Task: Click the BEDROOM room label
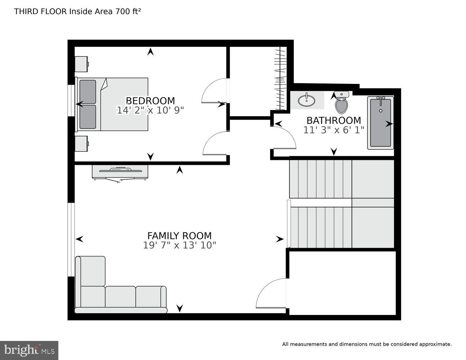point(150,101)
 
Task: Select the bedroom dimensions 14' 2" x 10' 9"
point(150,110)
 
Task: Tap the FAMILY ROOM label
point(179,236)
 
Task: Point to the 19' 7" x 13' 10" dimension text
point(179,246)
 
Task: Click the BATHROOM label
point(333,120)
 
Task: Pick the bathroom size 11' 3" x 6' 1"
point(333,130)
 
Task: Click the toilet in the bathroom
point(341,102)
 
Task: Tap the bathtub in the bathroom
point(380,123)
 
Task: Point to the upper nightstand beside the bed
point(81,64)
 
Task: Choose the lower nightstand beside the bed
point(81,144)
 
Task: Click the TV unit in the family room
point(120,172)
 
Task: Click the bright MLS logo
point(29,350)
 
